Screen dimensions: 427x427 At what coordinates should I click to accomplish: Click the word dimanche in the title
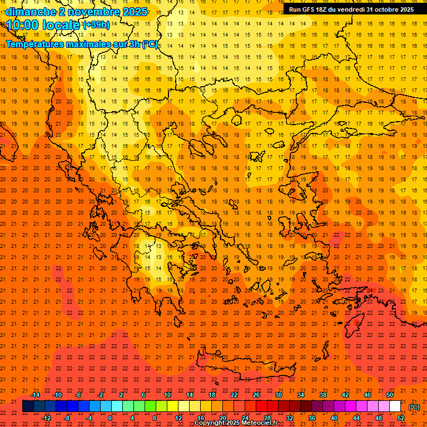[x=31, y=12]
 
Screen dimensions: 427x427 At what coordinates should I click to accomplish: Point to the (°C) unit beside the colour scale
[x=414, y=407]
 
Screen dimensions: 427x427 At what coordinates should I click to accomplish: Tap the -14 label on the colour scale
[x=35, y=395]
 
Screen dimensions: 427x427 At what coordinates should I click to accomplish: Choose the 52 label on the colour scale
[x=401, y=418]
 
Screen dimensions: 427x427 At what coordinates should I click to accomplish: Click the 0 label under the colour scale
[x=110, y=418]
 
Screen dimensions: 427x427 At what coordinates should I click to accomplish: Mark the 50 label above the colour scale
[x=390, y=395]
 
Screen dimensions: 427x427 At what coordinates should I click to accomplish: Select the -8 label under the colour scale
[x=68, y=418]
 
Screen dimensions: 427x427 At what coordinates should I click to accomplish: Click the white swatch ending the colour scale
[x=395, y=406]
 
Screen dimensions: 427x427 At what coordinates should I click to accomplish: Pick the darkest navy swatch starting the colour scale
[x=28, y=406]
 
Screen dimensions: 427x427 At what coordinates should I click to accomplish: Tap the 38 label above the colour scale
[x=323, y=395]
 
